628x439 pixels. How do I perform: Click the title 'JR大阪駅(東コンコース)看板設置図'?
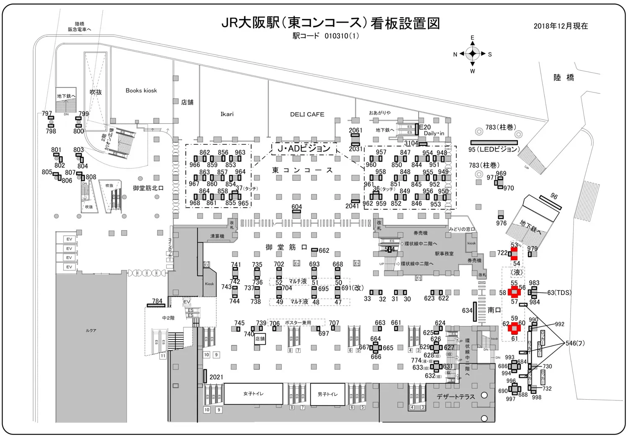coord(331,23)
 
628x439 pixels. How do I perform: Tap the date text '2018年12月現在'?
coord(561,26)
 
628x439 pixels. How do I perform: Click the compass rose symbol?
coord(473,54)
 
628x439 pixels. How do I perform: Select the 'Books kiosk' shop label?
coord(141,90)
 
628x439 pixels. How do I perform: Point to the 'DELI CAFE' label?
coord(307,114)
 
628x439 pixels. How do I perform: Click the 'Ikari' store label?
coord(227,114)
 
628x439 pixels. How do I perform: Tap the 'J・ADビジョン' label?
coord(304,149)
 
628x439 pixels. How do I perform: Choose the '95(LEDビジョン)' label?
coord(494,149)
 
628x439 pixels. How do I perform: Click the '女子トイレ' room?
coord(253,394)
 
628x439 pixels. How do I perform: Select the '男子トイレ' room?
coord(327,394)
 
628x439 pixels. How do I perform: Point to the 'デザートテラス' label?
coord(456,396)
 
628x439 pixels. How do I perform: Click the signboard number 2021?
coord(216,377)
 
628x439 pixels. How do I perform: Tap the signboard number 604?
coord(296,207)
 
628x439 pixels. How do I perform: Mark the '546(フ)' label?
coord(575,343)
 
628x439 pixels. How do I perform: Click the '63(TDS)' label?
coord(559,293)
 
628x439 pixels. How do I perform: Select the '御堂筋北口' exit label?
coord(148,188)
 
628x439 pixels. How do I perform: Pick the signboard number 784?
coord(157,301)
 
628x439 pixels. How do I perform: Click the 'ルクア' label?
coord(91,331)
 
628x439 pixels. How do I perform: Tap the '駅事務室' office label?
coord(444,254)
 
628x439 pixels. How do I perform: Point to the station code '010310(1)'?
coord(342,36)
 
